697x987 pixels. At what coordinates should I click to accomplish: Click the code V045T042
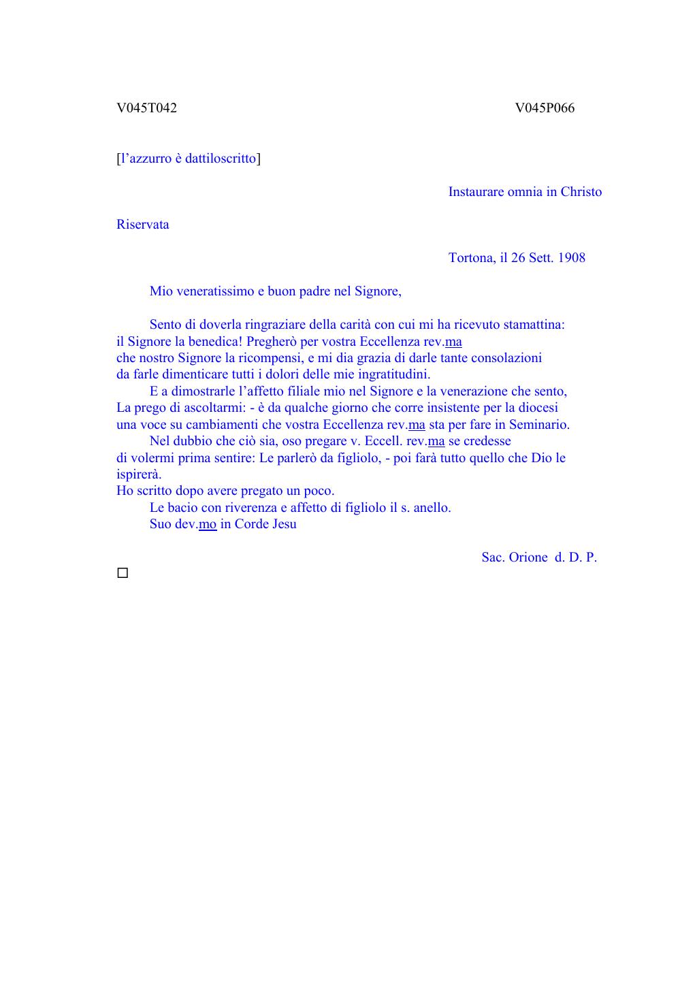tap(146, 108)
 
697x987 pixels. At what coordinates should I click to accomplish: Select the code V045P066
tap(545, 108)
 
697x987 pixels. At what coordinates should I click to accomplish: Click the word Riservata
tap(142, 225)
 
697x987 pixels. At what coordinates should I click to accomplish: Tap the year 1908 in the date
tap(571, 258)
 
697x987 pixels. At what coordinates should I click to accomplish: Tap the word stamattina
tap(534, 325)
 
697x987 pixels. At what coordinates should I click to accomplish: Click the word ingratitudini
tap(393, 374)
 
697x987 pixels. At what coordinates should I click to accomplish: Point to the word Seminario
tap(539, 425)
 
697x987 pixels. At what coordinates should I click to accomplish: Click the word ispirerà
tap(139, 474)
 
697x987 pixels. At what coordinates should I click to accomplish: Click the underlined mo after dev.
tap(208, 524)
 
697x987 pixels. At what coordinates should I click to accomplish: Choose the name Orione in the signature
tap(528, 557)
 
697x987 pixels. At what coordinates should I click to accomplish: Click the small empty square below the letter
tap(123, 573)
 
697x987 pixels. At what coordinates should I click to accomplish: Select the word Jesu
tap(285, 524)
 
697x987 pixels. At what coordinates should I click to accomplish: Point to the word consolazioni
tap(506, 358)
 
